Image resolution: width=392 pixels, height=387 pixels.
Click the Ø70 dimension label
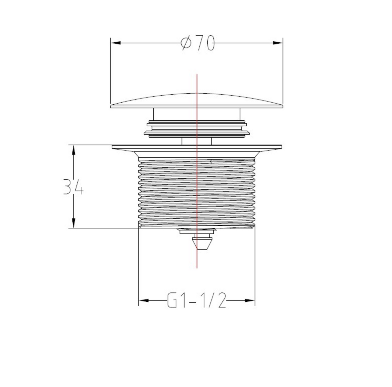pyautogui.click(x=198, y=43)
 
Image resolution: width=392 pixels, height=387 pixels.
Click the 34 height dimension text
pyautogui.click(x=73, y=187)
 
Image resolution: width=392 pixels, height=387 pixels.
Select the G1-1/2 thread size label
pyautogui.click(x=197, y=300)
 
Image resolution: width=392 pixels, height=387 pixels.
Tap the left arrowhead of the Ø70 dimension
pyautogui.click(x=116, y=43)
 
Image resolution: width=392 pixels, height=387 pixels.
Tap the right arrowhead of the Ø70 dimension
pyautogui.click(x=278, y=43)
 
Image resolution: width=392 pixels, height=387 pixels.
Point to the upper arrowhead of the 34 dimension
pyautogui.click(x=74, y=150)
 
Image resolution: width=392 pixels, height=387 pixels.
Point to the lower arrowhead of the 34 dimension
pyautogui.click(x=74, y=223)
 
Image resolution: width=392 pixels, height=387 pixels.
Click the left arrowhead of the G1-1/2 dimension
pyautogui.click(x=144, y=300)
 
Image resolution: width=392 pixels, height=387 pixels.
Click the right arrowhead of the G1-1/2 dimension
pyautogui.click(x=250, y=300)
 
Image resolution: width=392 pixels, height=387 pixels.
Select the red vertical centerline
pyautogui.click(x=197, y=171)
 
